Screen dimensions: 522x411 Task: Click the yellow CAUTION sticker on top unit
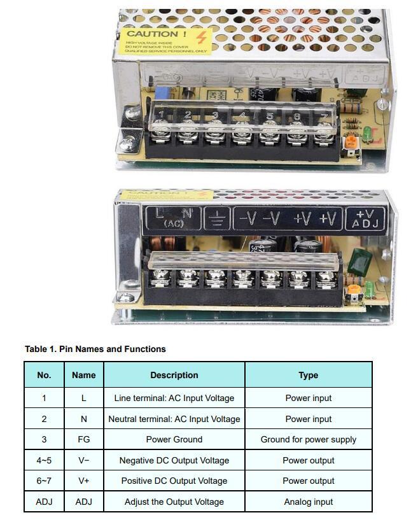(x=165, y=40)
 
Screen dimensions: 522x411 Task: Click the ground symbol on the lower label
(x=217, y=218)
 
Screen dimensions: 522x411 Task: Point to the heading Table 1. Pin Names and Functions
(x=95, y=349)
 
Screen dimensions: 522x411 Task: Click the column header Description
(x=174, y=375)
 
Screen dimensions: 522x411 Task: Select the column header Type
(x=309, y=375)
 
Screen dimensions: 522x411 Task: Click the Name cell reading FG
(x=84, y=439)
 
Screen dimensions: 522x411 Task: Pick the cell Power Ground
(x=174, y=439)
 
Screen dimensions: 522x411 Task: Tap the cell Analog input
(x=309, y=502)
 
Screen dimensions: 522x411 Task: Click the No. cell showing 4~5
(x=44, y=460)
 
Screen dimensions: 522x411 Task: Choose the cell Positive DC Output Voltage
(x=174, y=481)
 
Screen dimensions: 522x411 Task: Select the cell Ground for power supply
(x=309, y=439)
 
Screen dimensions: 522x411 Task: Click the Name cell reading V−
(x=84, y=460)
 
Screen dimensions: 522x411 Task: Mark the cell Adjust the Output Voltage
(x=174, y=502)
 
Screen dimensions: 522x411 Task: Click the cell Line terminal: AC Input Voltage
(x=174, y=398)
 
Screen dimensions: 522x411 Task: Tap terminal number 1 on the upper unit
(x=162, y=115)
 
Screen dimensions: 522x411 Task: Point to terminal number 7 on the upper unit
(x=324, y=117)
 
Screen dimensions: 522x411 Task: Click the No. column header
(x=44, y=375)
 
